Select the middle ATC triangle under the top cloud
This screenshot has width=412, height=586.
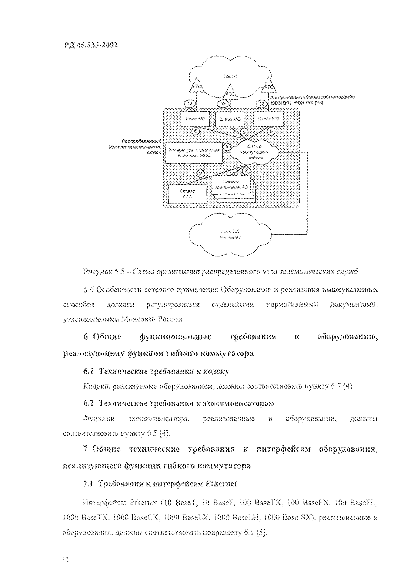(x=230, y=92)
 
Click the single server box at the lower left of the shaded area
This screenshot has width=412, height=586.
(x=188, y=194)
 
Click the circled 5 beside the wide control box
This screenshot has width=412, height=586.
(x=226, y=146)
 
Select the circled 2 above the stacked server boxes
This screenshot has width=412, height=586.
(x=246, y=171)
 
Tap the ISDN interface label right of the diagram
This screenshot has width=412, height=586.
(x=312, y=99)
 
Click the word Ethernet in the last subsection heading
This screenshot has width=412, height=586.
(x=222, y=484)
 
